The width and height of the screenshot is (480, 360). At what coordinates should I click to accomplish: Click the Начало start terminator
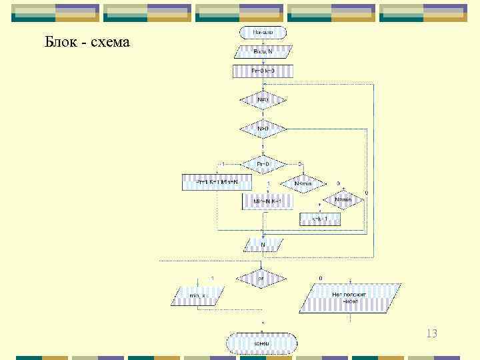coord(263,32)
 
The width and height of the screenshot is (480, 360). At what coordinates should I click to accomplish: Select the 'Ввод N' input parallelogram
coord(263,51)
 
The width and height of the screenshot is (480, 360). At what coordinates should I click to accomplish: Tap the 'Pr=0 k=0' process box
coord(263,71)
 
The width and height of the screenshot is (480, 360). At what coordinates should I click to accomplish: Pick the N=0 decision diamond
coord(263,101)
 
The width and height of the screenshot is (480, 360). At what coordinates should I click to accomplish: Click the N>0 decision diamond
coord(263,128)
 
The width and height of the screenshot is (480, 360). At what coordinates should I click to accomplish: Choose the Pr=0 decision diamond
coord(263,164)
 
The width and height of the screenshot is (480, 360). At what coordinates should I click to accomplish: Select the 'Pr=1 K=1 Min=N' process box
coord(213,182)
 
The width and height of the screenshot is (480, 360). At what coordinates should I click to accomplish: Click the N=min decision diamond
coord(343,200)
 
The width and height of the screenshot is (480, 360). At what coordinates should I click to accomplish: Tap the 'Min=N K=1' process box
coord(263,201)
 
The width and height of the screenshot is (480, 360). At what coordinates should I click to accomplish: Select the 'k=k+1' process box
coord(321,219)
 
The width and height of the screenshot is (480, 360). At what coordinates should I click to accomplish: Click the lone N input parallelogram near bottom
coord(263,245)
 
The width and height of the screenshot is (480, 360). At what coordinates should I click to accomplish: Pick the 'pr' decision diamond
coord(261,279)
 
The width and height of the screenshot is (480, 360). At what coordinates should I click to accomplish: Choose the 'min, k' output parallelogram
coord(199,295)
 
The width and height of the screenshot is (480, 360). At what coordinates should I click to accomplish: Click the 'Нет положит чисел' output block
coord(350,297)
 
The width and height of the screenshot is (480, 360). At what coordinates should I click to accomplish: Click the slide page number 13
coord(431,333)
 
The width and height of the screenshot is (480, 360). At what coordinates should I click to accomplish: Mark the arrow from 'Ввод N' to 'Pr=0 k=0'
coord(263,61)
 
